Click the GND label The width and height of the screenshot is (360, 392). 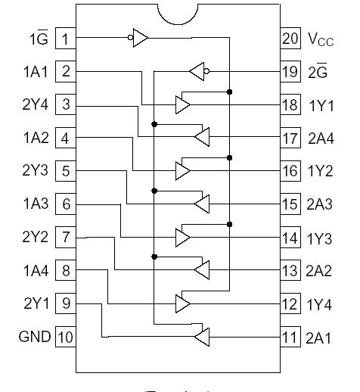pos(35,337)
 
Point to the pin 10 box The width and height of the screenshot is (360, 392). pos(67,337)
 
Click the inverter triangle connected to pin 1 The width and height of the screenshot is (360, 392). pos(141,38)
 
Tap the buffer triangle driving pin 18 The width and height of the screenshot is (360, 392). pos(182,104)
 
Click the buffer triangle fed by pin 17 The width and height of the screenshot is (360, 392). pos(201,137)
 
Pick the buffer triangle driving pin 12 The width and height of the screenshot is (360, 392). pos(182,303)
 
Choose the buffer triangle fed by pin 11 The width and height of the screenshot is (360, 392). pos(201,336)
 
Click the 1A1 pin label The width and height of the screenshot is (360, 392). pos(36,72)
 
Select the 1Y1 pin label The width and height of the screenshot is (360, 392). pos(320,105)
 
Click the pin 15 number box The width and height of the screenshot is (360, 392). pos(290,204)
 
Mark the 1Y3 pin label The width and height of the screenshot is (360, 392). pos(321,238)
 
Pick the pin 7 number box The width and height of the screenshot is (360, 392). pos(67,238)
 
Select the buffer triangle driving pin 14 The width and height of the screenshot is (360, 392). pos(182,237)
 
